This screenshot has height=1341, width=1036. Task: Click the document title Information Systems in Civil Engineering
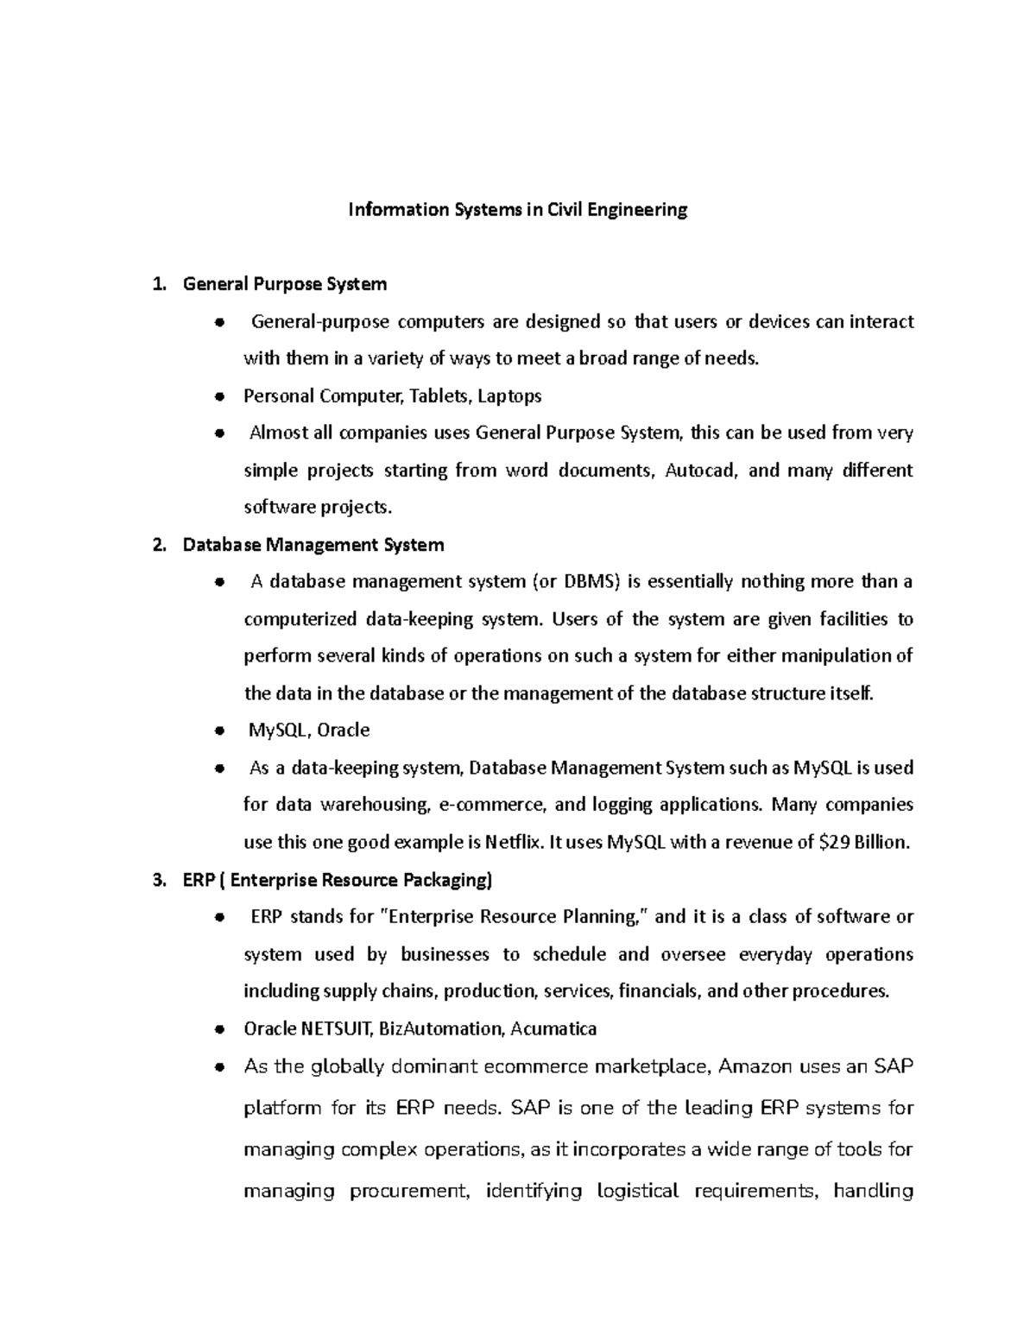pyautogui.click(x=517, y=210)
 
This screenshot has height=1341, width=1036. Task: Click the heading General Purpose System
pyautogui.click(x=285, y=284)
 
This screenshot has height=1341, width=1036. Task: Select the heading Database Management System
pyautogui.click(x=313, y=545)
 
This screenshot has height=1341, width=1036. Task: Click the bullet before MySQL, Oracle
pyautogui.click(x=220, y=731)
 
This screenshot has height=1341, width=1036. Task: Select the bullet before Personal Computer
pyautogui.click(x=220, y=396)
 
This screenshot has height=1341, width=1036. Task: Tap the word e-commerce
pyautogui.click(x=492, y=805)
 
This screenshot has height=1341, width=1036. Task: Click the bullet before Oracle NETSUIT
pyautogui.click(x=220, y=1029)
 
